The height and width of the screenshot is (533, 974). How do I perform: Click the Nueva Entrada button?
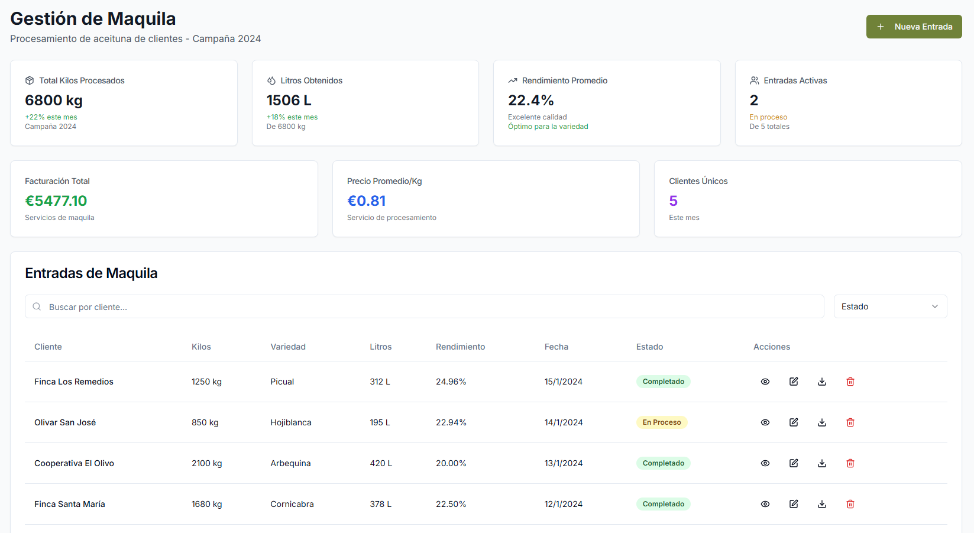[914, 27]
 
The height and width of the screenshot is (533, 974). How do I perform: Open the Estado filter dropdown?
[890, 306]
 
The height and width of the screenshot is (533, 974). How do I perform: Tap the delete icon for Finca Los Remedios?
[850, 382]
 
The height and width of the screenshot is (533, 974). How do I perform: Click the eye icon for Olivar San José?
[765, 422]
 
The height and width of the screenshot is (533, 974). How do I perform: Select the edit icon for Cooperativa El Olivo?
[794, 463]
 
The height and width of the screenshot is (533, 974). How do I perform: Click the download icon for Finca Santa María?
[822, 504]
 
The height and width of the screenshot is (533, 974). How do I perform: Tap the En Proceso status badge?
[662, 422]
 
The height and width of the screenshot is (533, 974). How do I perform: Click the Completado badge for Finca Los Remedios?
[663, 382]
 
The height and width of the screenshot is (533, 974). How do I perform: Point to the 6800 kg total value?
[54, 101]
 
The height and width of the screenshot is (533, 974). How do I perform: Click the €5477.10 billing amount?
[56, 201]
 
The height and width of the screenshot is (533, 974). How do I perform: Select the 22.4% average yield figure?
[531, 101]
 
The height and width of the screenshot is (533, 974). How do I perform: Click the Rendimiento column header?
[460, 347]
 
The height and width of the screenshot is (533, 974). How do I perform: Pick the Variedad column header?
[288, 347]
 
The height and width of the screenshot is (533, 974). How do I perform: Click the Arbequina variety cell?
[290, 463]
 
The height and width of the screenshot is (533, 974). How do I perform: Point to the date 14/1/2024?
[564, 422]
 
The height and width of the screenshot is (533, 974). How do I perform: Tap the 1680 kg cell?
[206, 504]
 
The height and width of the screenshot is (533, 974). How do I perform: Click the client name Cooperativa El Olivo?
[74, 463]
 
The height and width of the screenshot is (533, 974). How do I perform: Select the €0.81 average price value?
[367, 201]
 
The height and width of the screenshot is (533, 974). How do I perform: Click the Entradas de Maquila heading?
[91, 273]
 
